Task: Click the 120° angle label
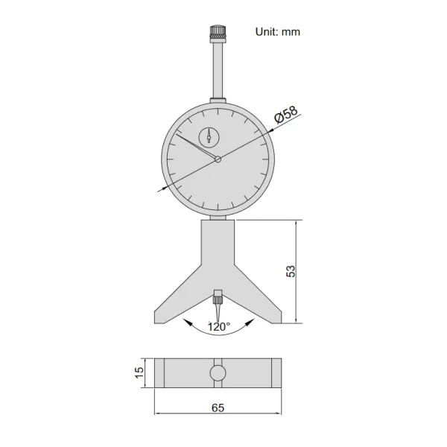218,326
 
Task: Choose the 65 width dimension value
219,407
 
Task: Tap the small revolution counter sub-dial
209,136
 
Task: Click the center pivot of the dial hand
218,159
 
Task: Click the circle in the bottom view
218,372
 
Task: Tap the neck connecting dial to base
218,217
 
